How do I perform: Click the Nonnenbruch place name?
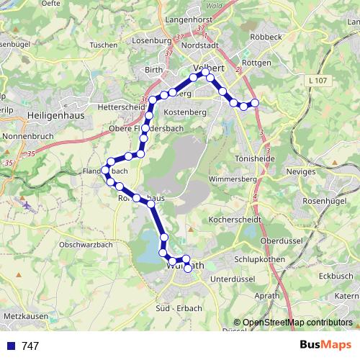click(29, 135)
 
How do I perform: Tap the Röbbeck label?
click(262, 35)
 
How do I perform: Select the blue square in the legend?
click(10, 346)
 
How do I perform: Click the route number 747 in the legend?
click(30, 346)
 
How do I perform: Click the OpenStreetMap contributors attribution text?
click(297, 323)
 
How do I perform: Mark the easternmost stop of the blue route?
click(254, 103)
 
